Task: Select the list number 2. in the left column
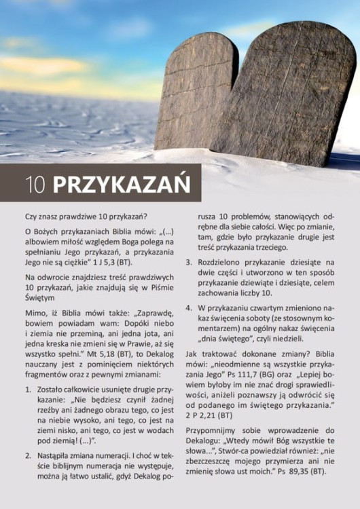28,455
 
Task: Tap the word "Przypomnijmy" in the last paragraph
214,430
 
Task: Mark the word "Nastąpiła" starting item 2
54,455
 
